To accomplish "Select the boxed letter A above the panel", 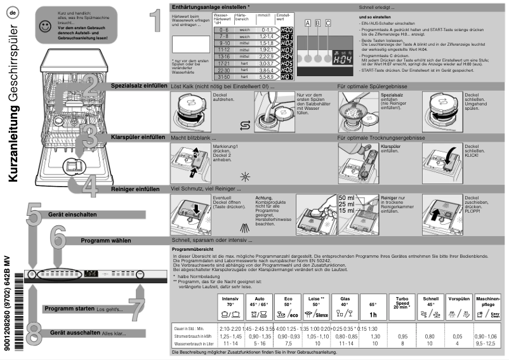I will [308, 23].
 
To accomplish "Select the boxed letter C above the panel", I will [328, 23].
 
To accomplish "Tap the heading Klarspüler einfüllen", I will [138, 137].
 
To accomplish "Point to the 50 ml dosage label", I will [347, 198].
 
